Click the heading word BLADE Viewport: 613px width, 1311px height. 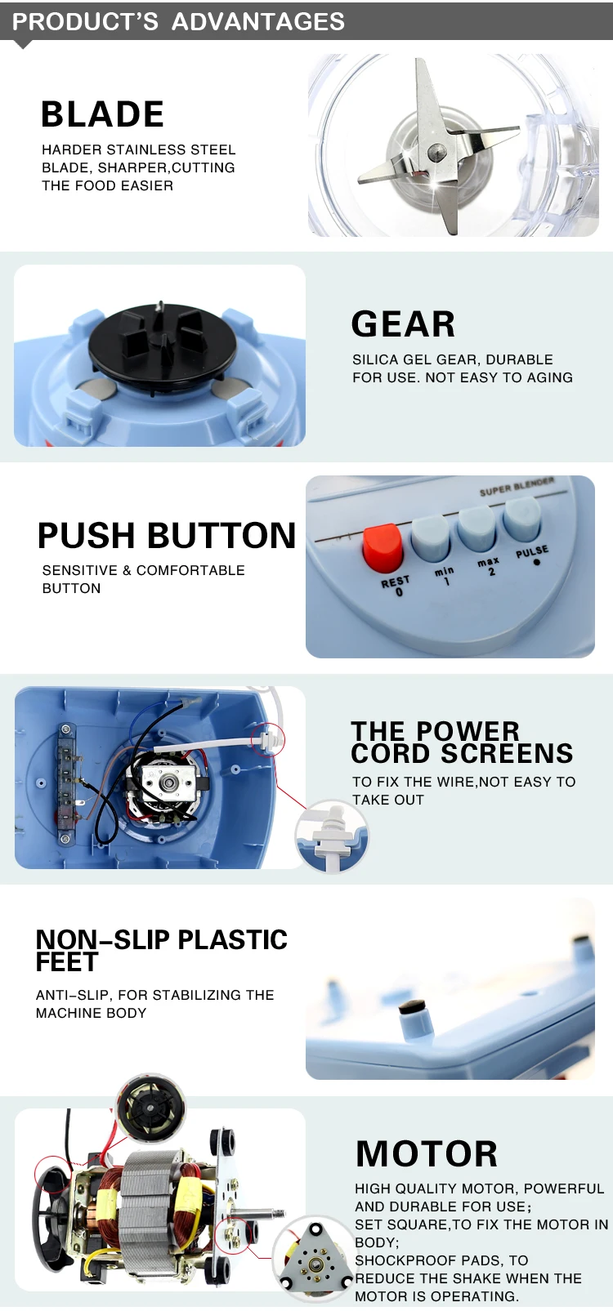(x=102, y=114)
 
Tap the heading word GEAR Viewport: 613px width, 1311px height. (x=403, y=323)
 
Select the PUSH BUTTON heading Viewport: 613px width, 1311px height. (x=167, y=536)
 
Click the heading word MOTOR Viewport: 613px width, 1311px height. (x=427, y=1153)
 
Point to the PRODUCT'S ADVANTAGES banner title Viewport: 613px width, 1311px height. (x=178, y=22)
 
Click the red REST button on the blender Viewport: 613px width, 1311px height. (x=383, y=548)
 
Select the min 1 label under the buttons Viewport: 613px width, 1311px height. (x=445, y=575)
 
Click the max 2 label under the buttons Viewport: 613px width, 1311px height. (x=489, y=566)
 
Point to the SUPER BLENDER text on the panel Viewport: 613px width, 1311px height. (x=517, y=487)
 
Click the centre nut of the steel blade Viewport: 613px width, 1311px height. (x=435, y=152)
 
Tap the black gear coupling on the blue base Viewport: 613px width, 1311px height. (x=163, y=340)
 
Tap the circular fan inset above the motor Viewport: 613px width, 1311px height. (x=151, y=1108)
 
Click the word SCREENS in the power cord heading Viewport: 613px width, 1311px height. (x=507, y=753)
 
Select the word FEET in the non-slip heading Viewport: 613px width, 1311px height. (x=67, y=962)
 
